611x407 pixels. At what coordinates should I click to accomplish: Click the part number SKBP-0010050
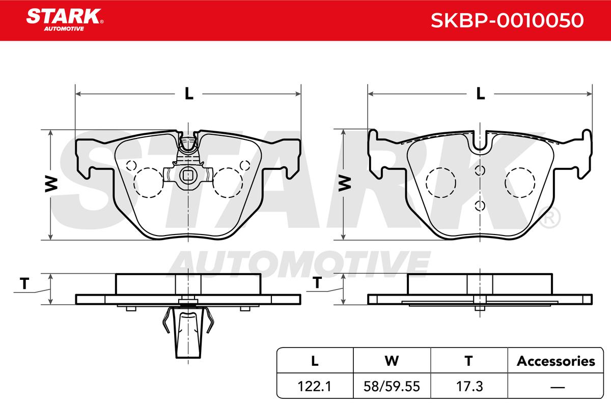[507, 20]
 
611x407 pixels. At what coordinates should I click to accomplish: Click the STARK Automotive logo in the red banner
[65, 20]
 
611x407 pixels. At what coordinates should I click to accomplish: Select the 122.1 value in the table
[315, 386]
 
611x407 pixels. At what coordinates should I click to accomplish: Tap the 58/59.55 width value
[392, 386]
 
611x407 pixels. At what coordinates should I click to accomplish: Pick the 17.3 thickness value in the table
[469, 386]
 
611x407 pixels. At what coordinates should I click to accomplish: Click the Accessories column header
[556, 361]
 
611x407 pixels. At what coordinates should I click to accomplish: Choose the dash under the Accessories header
[558, 387]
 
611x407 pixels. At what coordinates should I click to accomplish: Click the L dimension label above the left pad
[189, 94]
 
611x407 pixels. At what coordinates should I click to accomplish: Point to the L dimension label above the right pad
[481, 94]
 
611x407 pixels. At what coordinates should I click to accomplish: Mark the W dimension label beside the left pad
[51, 184]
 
